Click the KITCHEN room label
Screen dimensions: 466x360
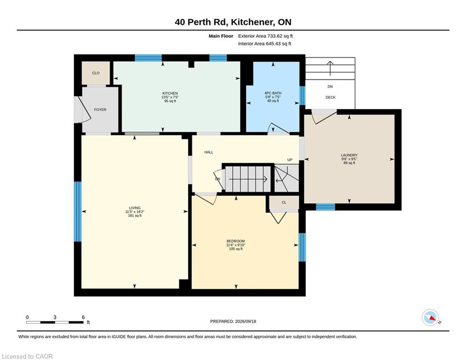170,93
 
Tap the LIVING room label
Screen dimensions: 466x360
134,208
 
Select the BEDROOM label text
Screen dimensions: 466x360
236,241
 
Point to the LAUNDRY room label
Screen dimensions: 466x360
349,155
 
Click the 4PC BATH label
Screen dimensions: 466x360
273,93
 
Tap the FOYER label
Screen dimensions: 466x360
100,110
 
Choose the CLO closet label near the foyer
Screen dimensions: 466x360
96,73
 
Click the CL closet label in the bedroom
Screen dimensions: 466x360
284,202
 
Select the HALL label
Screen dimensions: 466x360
208,152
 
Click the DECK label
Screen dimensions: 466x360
331,97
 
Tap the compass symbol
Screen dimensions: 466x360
430,317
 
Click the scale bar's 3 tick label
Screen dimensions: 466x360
55,317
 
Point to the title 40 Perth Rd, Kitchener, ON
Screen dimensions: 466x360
233,22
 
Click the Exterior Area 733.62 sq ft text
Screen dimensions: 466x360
266,36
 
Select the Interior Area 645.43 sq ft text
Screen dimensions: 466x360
265,44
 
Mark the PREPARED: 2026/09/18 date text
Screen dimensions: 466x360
233,321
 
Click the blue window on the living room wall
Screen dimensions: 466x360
78,211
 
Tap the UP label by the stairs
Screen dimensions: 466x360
290,160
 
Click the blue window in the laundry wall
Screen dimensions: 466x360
325,207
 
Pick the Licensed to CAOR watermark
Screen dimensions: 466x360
27,356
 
